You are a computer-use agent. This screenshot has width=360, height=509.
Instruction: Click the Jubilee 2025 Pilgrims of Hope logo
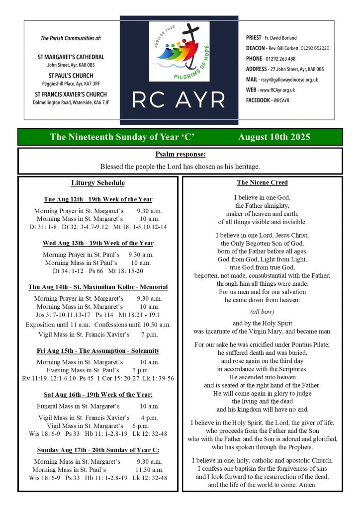(x=179, y=51)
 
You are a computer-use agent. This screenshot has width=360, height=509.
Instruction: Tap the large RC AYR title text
(x=179, y=100)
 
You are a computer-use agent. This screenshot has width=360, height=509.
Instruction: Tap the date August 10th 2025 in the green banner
(x=274, y=137)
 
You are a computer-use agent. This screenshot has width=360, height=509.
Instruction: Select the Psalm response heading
(x=180, y=155)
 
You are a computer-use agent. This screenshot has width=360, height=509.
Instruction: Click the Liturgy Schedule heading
(x=98, y=183)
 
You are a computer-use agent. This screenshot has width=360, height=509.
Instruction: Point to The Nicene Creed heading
(x=262, y=183)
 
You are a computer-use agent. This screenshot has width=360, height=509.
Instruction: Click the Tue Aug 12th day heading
(x=98, y=199)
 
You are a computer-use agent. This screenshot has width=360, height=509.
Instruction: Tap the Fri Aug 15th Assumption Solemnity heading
(x=98, y=351)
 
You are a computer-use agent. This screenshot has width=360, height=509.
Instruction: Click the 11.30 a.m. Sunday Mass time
(x=150, y=470)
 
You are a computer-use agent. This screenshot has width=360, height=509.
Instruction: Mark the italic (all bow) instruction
(x=262, y=312)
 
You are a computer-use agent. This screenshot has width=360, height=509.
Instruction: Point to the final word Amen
(x=307, y=485)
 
